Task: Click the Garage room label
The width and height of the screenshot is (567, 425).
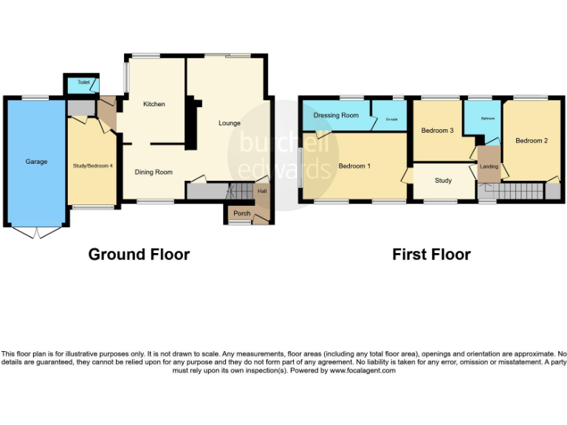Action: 36,162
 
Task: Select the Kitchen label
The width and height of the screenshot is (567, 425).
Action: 154,104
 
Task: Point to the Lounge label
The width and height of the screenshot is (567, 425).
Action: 229,123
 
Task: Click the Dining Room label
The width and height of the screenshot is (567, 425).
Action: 154,172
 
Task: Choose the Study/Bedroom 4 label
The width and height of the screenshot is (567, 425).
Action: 92,166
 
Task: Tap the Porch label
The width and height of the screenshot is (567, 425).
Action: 241,213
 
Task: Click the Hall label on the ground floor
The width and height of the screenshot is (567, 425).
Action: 262,193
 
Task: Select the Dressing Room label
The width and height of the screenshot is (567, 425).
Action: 336,115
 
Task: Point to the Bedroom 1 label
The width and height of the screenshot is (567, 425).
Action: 354,166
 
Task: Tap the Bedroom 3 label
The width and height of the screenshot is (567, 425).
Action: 437,131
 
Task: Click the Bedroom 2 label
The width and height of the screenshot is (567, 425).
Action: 531,141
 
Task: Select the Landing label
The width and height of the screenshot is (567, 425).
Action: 489,167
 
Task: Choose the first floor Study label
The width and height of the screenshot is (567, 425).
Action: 443,181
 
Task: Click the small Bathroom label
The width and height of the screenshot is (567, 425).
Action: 488,118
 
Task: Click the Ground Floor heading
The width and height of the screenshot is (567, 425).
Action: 139,255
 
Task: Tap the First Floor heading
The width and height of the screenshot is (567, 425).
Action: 431,255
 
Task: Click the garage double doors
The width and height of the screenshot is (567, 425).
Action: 35,232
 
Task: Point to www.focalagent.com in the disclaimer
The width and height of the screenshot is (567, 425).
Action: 362,370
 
